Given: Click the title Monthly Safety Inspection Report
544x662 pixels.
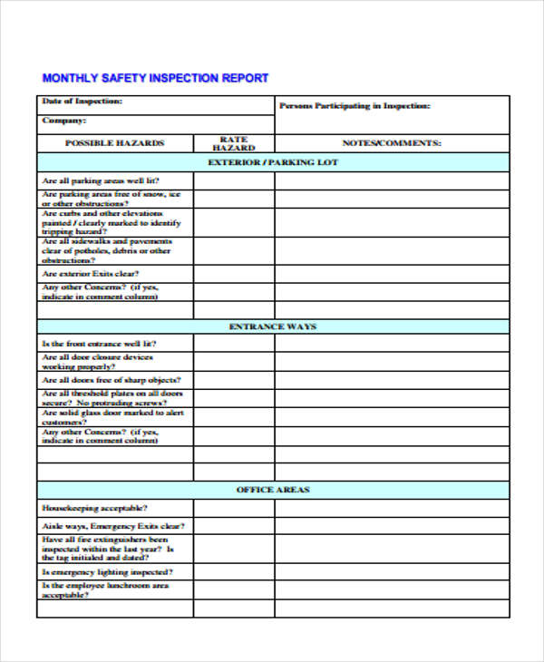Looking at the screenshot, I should pos(155,78).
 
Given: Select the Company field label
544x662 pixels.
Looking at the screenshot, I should pos(64,120).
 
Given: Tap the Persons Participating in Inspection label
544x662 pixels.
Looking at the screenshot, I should pos(355,106).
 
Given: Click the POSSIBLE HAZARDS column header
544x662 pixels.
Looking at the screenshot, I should pos(114,143).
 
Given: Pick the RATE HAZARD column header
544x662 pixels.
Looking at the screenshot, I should pos(234,143).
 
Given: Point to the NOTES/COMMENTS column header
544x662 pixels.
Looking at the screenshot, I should pos(391,143).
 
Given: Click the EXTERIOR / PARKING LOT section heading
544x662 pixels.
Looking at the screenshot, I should pos(273,162).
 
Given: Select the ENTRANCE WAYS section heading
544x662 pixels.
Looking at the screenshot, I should pos(273,326).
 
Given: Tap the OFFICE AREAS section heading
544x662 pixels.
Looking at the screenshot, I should pos(273,490).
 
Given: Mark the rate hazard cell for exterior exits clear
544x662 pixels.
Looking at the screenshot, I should pos(234,274).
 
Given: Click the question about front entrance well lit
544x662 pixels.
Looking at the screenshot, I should pos(99,344).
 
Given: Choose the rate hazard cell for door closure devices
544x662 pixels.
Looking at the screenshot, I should pos(234,362).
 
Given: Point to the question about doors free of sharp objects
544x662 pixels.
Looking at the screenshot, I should pos(111,380).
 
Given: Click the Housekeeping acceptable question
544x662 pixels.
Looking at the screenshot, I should pos(95,508).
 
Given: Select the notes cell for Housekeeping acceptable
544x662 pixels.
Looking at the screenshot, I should pos(391,508).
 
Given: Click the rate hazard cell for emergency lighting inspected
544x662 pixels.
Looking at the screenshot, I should pos(234,572).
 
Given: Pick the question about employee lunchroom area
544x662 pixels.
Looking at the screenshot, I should pos(105,590).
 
